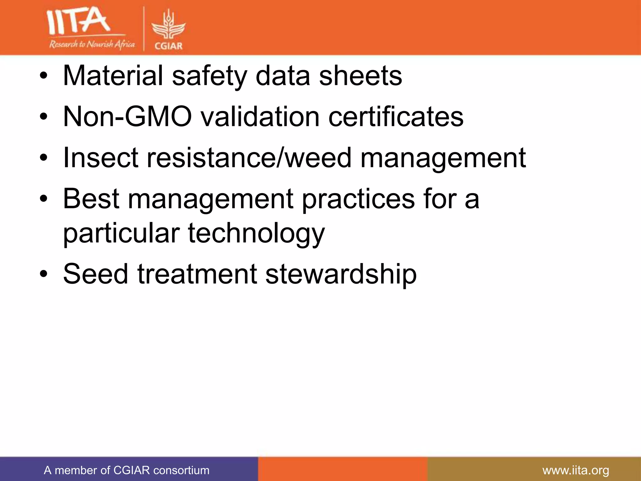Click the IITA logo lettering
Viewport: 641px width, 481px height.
(x=78, y=21)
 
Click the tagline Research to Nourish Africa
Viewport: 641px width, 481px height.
(x=92, y=44)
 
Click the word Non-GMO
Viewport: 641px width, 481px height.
(x=127, y=116)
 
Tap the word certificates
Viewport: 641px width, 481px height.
(x=396, y=116)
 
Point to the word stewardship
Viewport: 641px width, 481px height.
(x=341, y=274)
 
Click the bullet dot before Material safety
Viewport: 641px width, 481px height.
(x=44, y=76)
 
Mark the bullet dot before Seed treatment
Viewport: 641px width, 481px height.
(x=44, y=274)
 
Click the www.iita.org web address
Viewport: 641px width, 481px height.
(x=576, y=470)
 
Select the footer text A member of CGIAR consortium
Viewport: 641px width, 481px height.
(x=126, y=470)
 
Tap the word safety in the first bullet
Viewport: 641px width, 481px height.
(x=209, y=76)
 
